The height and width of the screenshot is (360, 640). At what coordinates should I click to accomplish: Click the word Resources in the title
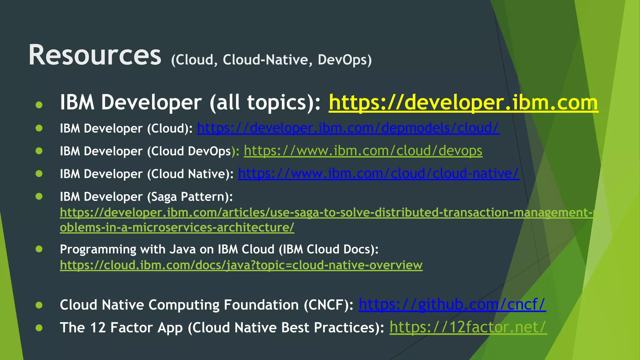coord(95,55)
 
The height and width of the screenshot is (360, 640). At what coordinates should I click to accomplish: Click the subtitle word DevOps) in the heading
coord(345,60)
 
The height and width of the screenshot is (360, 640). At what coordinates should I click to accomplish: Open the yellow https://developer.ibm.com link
coord(463,102)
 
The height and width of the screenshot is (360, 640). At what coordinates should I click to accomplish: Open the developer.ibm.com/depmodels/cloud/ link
coord(348,128)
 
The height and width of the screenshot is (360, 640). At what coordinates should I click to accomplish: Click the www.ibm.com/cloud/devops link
coord(363,151)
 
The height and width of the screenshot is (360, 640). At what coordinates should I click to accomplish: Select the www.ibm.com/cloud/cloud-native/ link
coord(378,174)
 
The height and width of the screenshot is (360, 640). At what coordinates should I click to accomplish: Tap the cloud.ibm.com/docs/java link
coord(241,265)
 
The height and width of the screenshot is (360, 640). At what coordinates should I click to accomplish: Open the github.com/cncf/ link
coord(452,305)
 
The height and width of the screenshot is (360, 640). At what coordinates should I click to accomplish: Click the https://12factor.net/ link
coord(468,327)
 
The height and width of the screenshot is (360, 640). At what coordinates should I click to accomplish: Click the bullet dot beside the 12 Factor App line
coord(39,328)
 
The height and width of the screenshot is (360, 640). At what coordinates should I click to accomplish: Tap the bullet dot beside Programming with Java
coord(39,249)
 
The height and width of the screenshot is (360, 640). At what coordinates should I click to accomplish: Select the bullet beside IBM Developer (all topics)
coord(39,105)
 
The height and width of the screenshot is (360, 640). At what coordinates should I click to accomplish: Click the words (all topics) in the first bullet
coord(265,102)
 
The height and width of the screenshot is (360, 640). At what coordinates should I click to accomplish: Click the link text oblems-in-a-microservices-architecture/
coord(177,227)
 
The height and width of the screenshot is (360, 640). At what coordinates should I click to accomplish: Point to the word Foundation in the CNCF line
coord(261,305)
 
